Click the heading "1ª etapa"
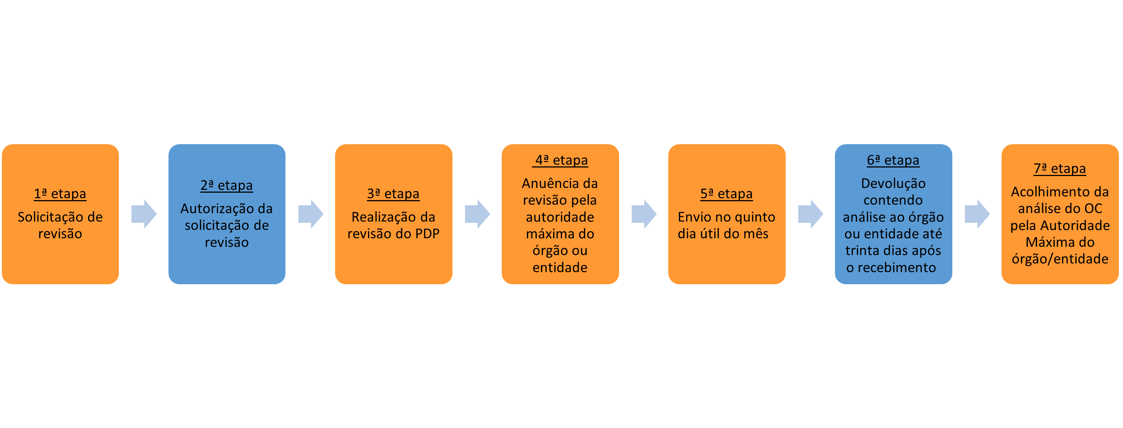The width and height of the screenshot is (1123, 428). (x=60, y=194)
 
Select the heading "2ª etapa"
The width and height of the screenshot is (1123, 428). (x=227, y=185)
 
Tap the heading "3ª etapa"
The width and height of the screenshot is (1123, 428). (x=393, y=194)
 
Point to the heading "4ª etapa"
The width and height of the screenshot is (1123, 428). (x=560, y=160)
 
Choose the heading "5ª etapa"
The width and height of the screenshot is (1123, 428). (x=726, y=194)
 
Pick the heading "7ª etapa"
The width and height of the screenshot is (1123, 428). (x=1059, y=168)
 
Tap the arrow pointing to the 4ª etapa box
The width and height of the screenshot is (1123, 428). (x=477, y=214)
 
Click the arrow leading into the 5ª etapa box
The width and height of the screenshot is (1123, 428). (x=644, y=214)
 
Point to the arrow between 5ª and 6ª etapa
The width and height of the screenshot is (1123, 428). (x=811, y=214)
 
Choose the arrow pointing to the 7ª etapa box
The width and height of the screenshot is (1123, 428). (x=977, y=214)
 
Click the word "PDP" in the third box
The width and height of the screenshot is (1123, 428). (x=427, y=234)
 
